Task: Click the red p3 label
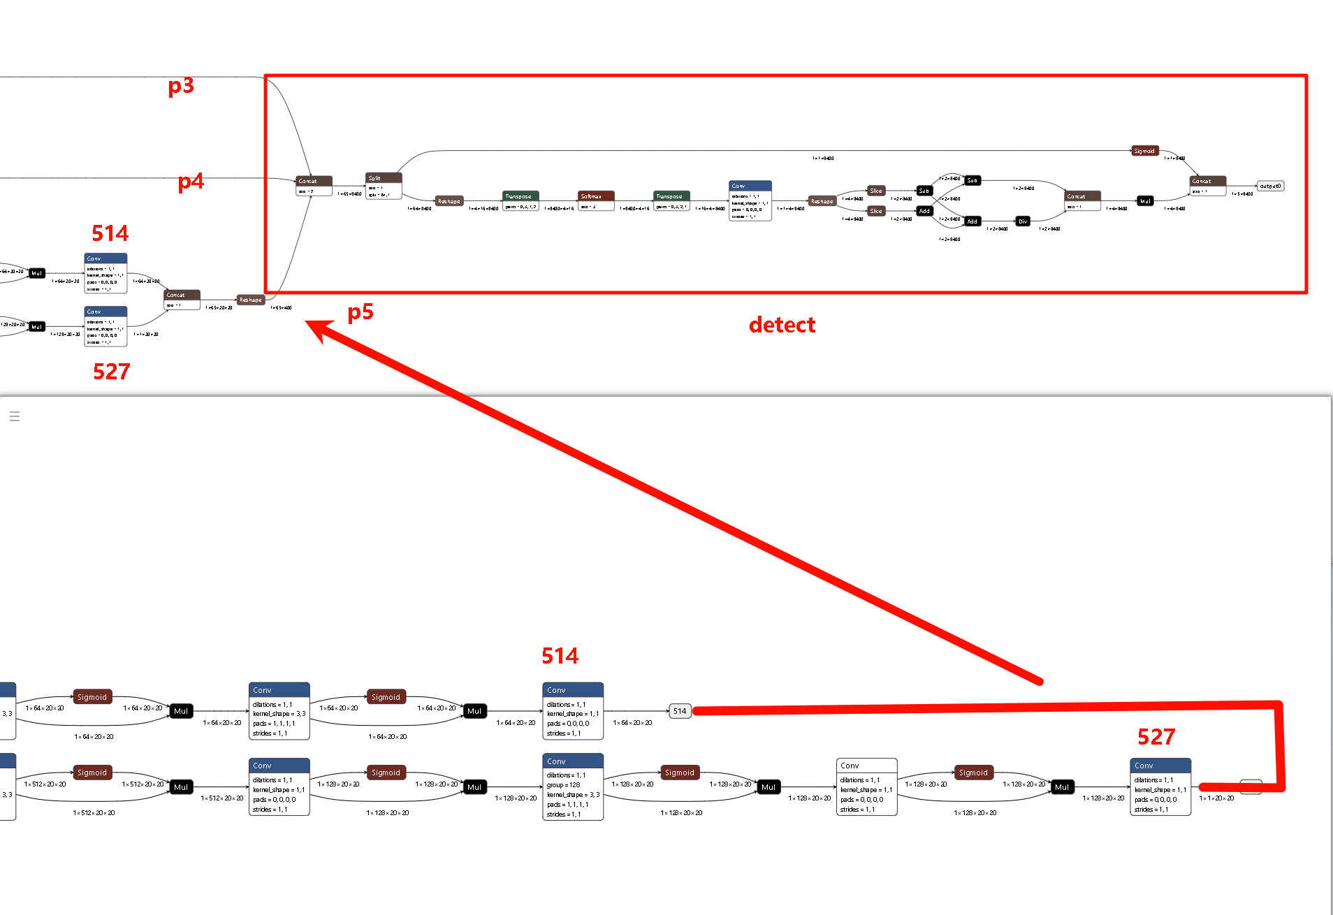pyautogui.click(x=181, y=86)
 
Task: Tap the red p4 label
pyautogui.click(x=191, y=182)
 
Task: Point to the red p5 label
pyautogui.click(x=360, y=312)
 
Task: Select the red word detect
pyautogui.click(x=782, y=325)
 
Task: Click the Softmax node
pyautogui.click(x=596, y=196)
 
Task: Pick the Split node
pyautogui.click(x=383, y=178)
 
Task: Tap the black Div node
pyautogui.click(x=1023, y=221)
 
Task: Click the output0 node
pyautogui.click(x=1270, y=186)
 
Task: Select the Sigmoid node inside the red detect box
pyautogui.click(x=1145, y=151)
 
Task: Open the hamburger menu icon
pyautogui.click(x=15, y=416)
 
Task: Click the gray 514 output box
pyautogui.click(x=680, y=711)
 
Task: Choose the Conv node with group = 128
pyautogui.click(x=573, y=786)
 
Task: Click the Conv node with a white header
pyautogui.click(x=866, y=786)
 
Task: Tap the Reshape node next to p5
pyautogui.click(x=250, y=300)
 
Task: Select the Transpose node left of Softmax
pyautogui.click(x=520, y=196)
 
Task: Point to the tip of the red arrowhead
pyautogui.click(x=307, y=322)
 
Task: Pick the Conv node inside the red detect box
pyautogui.click(x=750, y=200)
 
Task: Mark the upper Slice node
pyautogui.click(x=876, y=191)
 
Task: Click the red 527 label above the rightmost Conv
pyautogui.click(x=1156, y=737)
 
